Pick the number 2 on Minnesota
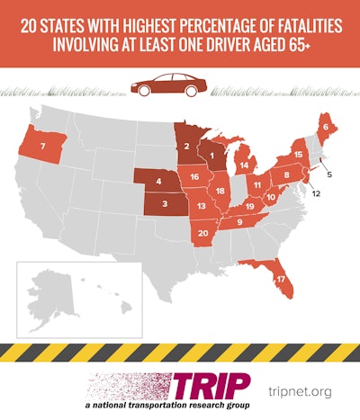click(x=185, y=145)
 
